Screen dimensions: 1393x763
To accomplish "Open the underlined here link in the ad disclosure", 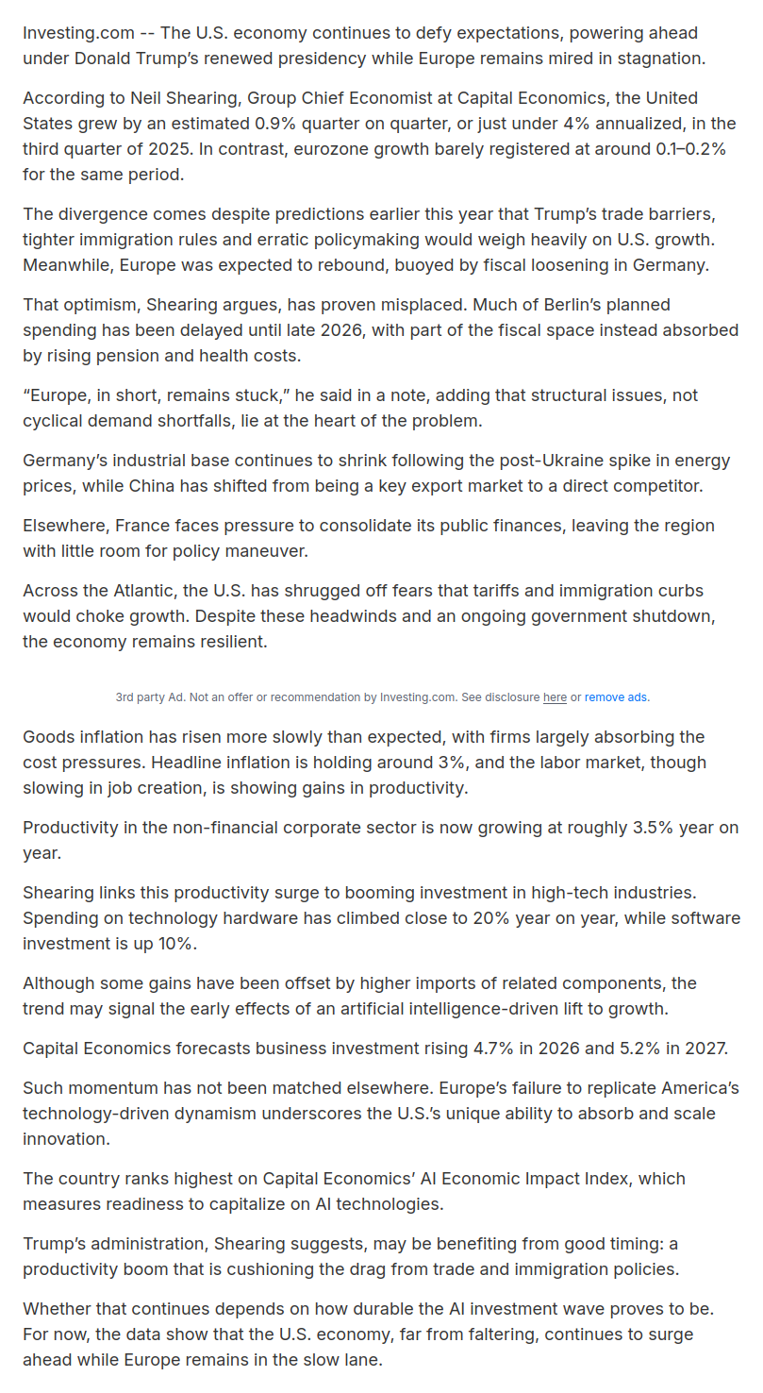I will [555, 697].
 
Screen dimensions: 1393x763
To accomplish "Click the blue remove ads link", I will [616, 697].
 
